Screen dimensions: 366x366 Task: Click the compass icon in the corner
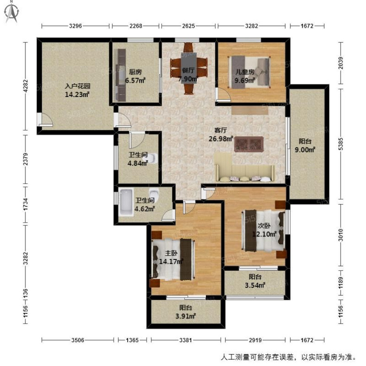pyautogui.click(x=12, y=12)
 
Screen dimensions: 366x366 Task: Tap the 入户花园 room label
pyautogui.click(x=77, y=86)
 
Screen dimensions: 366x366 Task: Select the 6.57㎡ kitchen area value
pyautogui.click(x=136, y=81)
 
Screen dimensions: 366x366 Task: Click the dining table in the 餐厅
pyautogui.click(x=189, y=68)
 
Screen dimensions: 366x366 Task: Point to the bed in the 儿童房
pyautogui.click(x=249, y=72)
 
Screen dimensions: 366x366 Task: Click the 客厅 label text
pyautogui.click(x=221, y=130)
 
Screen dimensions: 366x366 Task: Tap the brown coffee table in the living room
pyautogui.click(x=249, y=144)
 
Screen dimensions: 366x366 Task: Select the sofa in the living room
pyautogui.click(x=244, y=167)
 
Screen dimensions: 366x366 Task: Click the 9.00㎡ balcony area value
pyautogui.click(x=305, y=150)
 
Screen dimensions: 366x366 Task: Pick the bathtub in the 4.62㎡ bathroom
pyautogui.click(x=126, y=203)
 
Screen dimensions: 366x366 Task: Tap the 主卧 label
pyautogui.click(x=171, y=253)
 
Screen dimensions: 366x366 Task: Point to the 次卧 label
pyautogui.click(x=264, y=226)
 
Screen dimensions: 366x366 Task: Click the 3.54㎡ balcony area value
pyautogui.click(x=255, y=285)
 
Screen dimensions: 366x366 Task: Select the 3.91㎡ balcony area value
pyautogui.click(x=185, y=316)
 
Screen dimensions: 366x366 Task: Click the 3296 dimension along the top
pyautogui.click(x=76, y=26)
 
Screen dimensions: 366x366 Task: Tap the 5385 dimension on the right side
pyautogui.click(x=341, y=144)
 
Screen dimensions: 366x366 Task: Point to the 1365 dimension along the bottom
pyautogui.click(x=132, y=340)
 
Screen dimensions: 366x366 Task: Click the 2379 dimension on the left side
pyautogui.click(x=25, y=159)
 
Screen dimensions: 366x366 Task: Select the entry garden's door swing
pyautogui.click(x=46, y=120)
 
